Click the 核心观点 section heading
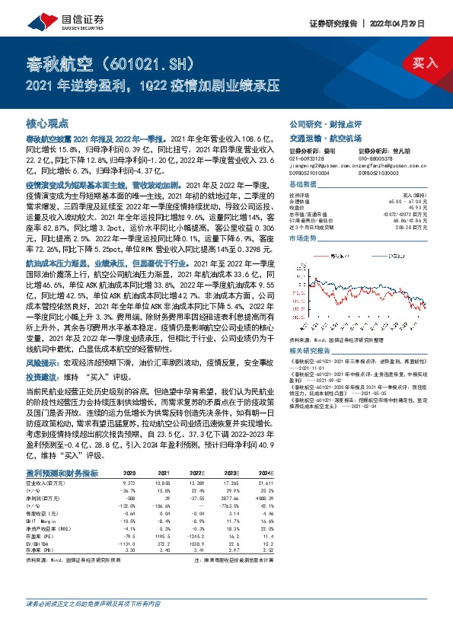47,123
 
